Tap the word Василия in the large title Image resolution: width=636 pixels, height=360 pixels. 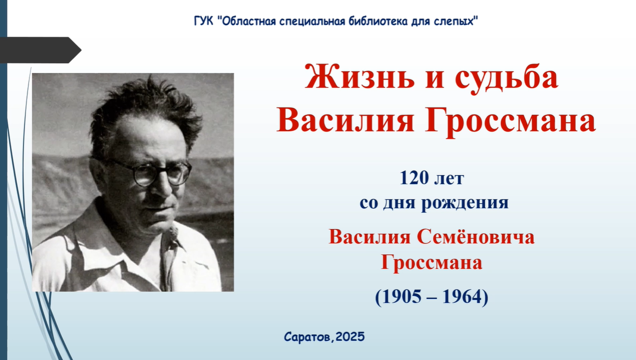(346, 120)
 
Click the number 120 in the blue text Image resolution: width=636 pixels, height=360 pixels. (413, 178)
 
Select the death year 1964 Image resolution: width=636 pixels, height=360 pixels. (460, 297)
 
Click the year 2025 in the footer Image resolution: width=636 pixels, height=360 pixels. (350, 337)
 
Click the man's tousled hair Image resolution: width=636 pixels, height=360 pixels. (145, 108)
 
